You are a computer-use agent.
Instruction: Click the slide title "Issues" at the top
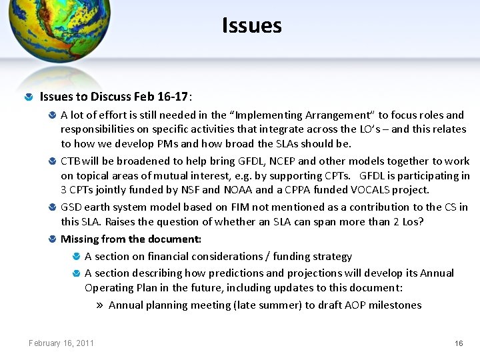(252, 26)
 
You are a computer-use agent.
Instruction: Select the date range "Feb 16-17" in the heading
(161, 97)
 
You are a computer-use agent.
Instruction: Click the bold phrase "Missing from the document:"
(131, 239)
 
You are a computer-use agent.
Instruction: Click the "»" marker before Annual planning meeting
(99, 305)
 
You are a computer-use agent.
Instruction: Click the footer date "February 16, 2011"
(61, 343)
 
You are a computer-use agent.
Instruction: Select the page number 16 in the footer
(458, 343)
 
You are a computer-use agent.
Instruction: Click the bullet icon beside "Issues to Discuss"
(29, 97)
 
